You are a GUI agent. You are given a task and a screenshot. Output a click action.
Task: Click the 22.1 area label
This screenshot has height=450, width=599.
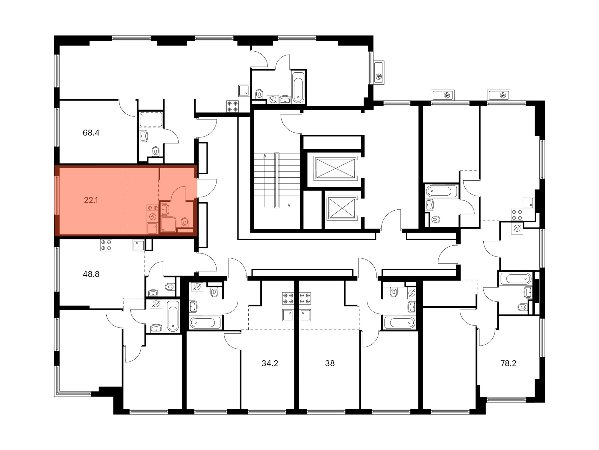coord(91,200)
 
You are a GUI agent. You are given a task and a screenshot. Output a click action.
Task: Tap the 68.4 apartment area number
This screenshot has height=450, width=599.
coord(91,133)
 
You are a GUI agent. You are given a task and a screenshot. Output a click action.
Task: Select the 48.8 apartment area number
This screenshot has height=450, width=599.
coord(91,274)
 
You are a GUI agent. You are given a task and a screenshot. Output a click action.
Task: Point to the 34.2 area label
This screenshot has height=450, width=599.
coord(270,363)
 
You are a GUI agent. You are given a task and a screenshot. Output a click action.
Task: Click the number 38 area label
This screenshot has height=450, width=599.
coord(330,363)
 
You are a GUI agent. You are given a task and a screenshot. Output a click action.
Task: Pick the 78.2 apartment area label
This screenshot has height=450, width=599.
coord(508,363)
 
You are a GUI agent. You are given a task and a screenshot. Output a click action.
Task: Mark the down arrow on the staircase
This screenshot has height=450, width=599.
coord(289,180)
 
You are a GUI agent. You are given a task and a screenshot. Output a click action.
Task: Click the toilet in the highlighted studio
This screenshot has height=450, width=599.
coord(185,222)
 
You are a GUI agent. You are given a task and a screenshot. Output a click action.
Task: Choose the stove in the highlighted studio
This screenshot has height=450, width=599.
coord(152,208)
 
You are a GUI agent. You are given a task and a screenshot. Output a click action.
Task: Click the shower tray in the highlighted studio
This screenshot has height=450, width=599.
coord(168,224)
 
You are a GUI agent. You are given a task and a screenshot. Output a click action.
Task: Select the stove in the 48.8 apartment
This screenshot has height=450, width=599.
coord(106,245)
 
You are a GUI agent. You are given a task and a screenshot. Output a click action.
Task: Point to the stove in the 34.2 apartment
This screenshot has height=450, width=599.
coord(288,298)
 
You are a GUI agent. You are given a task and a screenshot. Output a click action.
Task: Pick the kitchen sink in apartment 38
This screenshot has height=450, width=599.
coord(305,315)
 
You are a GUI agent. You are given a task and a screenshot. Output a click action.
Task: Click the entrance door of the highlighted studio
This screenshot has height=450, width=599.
coord(207,188)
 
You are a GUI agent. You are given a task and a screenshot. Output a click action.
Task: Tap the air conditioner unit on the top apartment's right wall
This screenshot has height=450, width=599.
coord(379,72)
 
